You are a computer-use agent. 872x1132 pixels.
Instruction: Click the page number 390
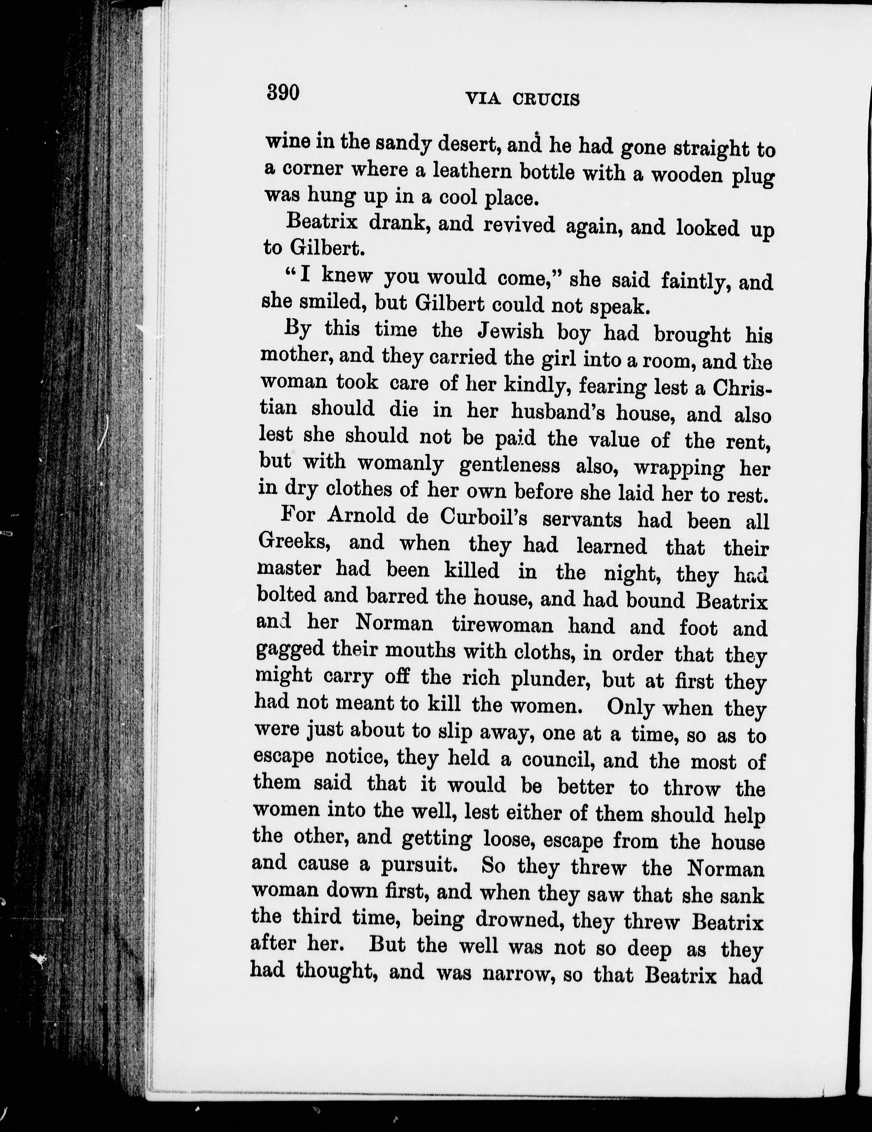tap(283, 93)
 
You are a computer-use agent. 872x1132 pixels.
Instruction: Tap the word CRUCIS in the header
tap(546, 99)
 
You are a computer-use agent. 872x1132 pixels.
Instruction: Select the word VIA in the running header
tap(483, 98)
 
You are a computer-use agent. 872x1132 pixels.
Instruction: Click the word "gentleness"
tap(510, 465)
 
